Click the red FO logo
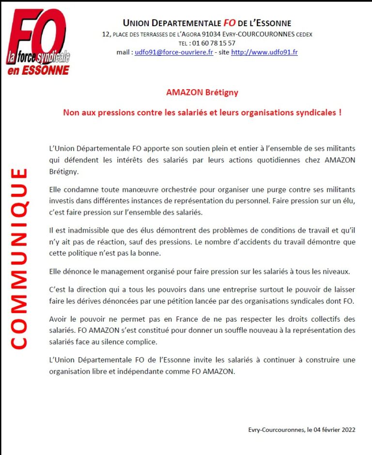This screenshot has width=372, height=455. (38, 36)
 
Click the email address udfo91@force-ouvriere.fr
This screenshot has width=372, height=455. (174, 52)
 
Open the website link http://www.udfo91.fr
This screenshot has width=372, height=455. (264, 52)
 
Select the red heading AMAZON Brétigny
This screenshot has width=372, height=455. (202, 92)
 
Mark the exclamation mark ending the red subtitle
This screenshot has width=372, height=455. (340, 112)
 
